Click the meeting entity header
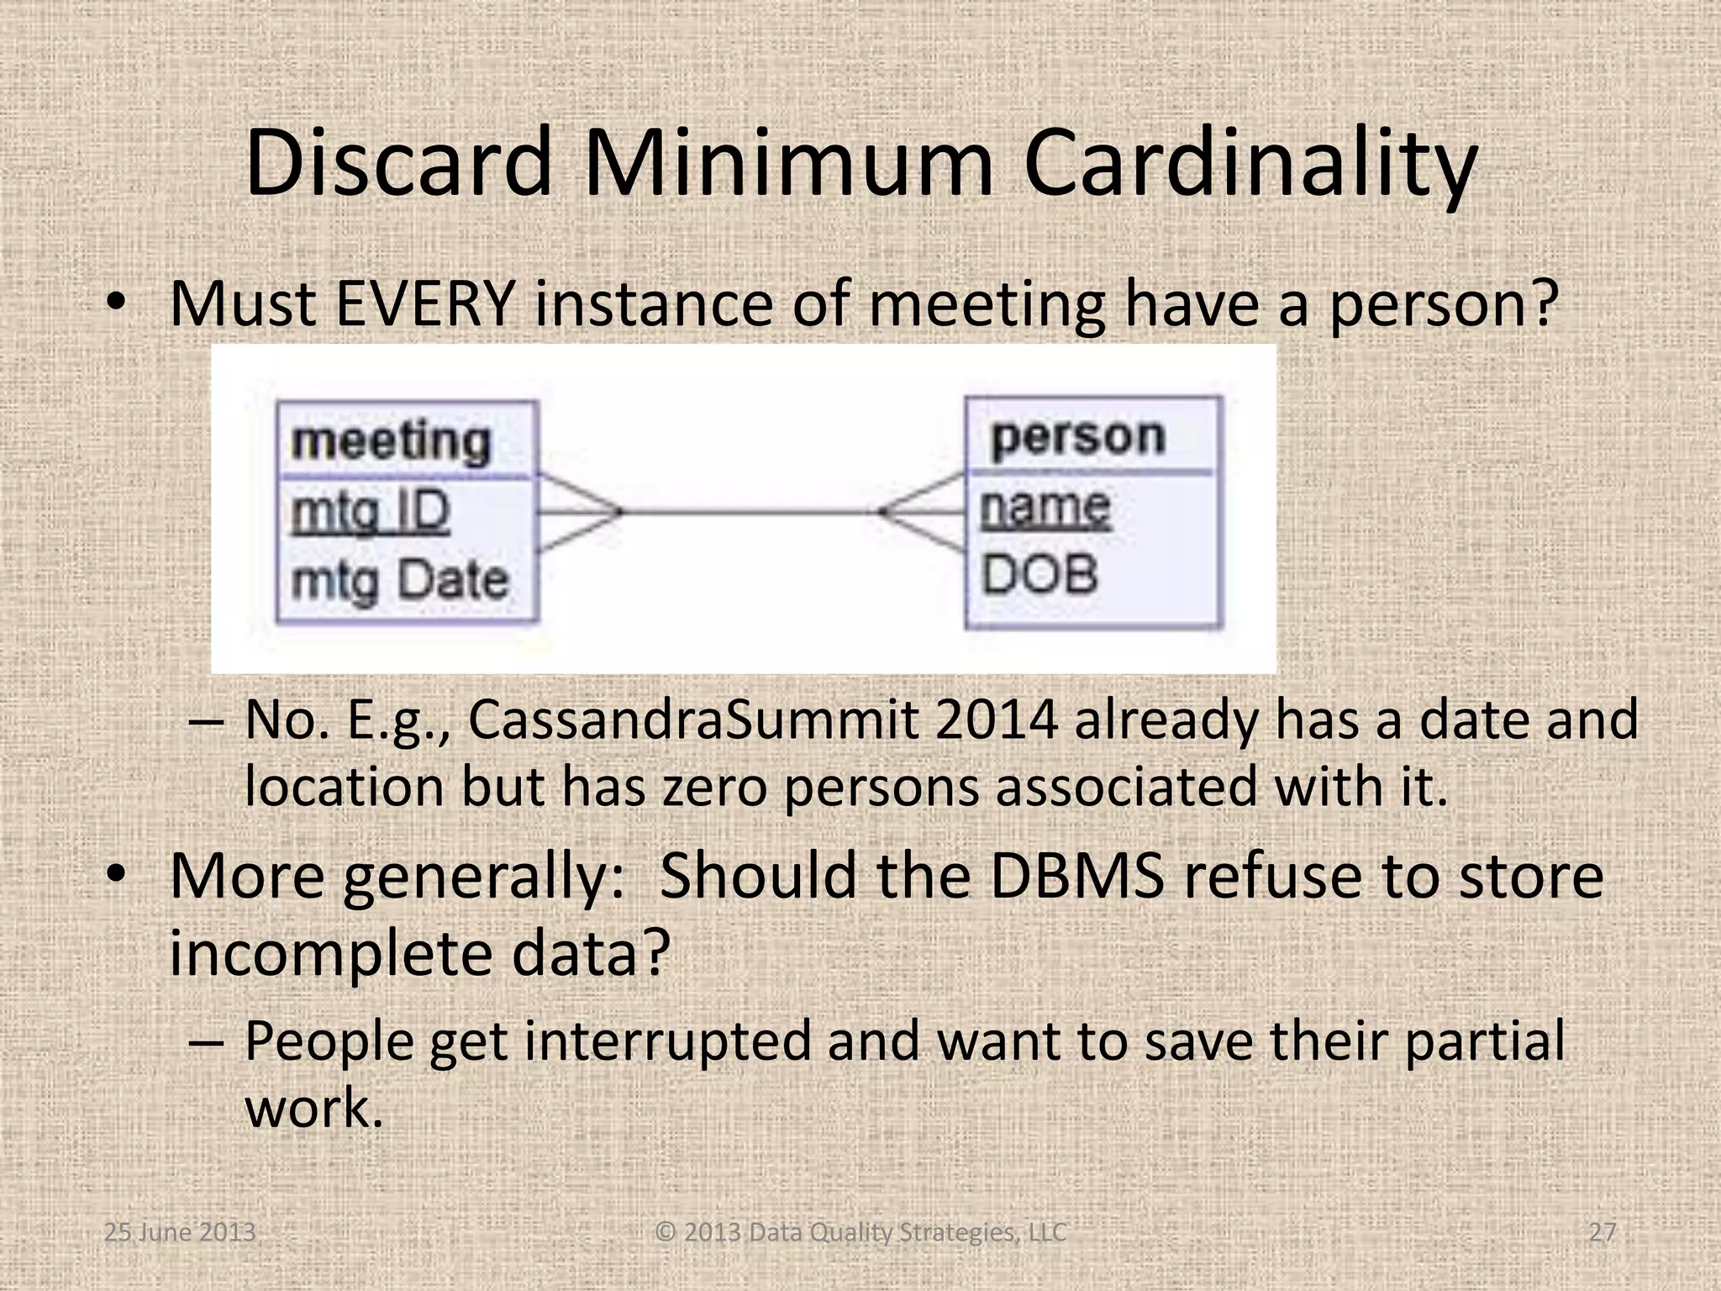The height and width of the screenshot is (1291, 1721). (391, 441)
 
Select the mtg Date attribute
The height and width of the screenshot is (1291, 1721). (400, 581)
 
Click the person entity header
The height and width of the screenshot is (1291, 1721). (1078, 437)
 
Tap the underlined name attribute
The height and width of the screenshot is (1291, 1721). (1045, 508)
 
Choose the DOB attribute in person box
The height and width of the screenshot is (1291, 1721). (1040, 575)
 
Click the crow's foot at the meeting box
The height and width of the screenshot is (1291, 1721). (580, 512)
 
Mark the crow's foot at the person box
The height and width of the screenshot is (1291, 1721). (922, 511)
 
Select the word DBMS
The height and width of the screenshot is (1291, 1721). (1077, 876)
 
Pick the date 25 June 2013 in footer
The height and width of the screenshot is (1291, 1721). (180, 1232)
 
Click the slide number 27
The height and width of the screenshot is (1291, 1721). (1603, 1232)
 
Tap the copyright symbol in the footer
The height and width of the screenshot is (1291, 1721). (666, 1232)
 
